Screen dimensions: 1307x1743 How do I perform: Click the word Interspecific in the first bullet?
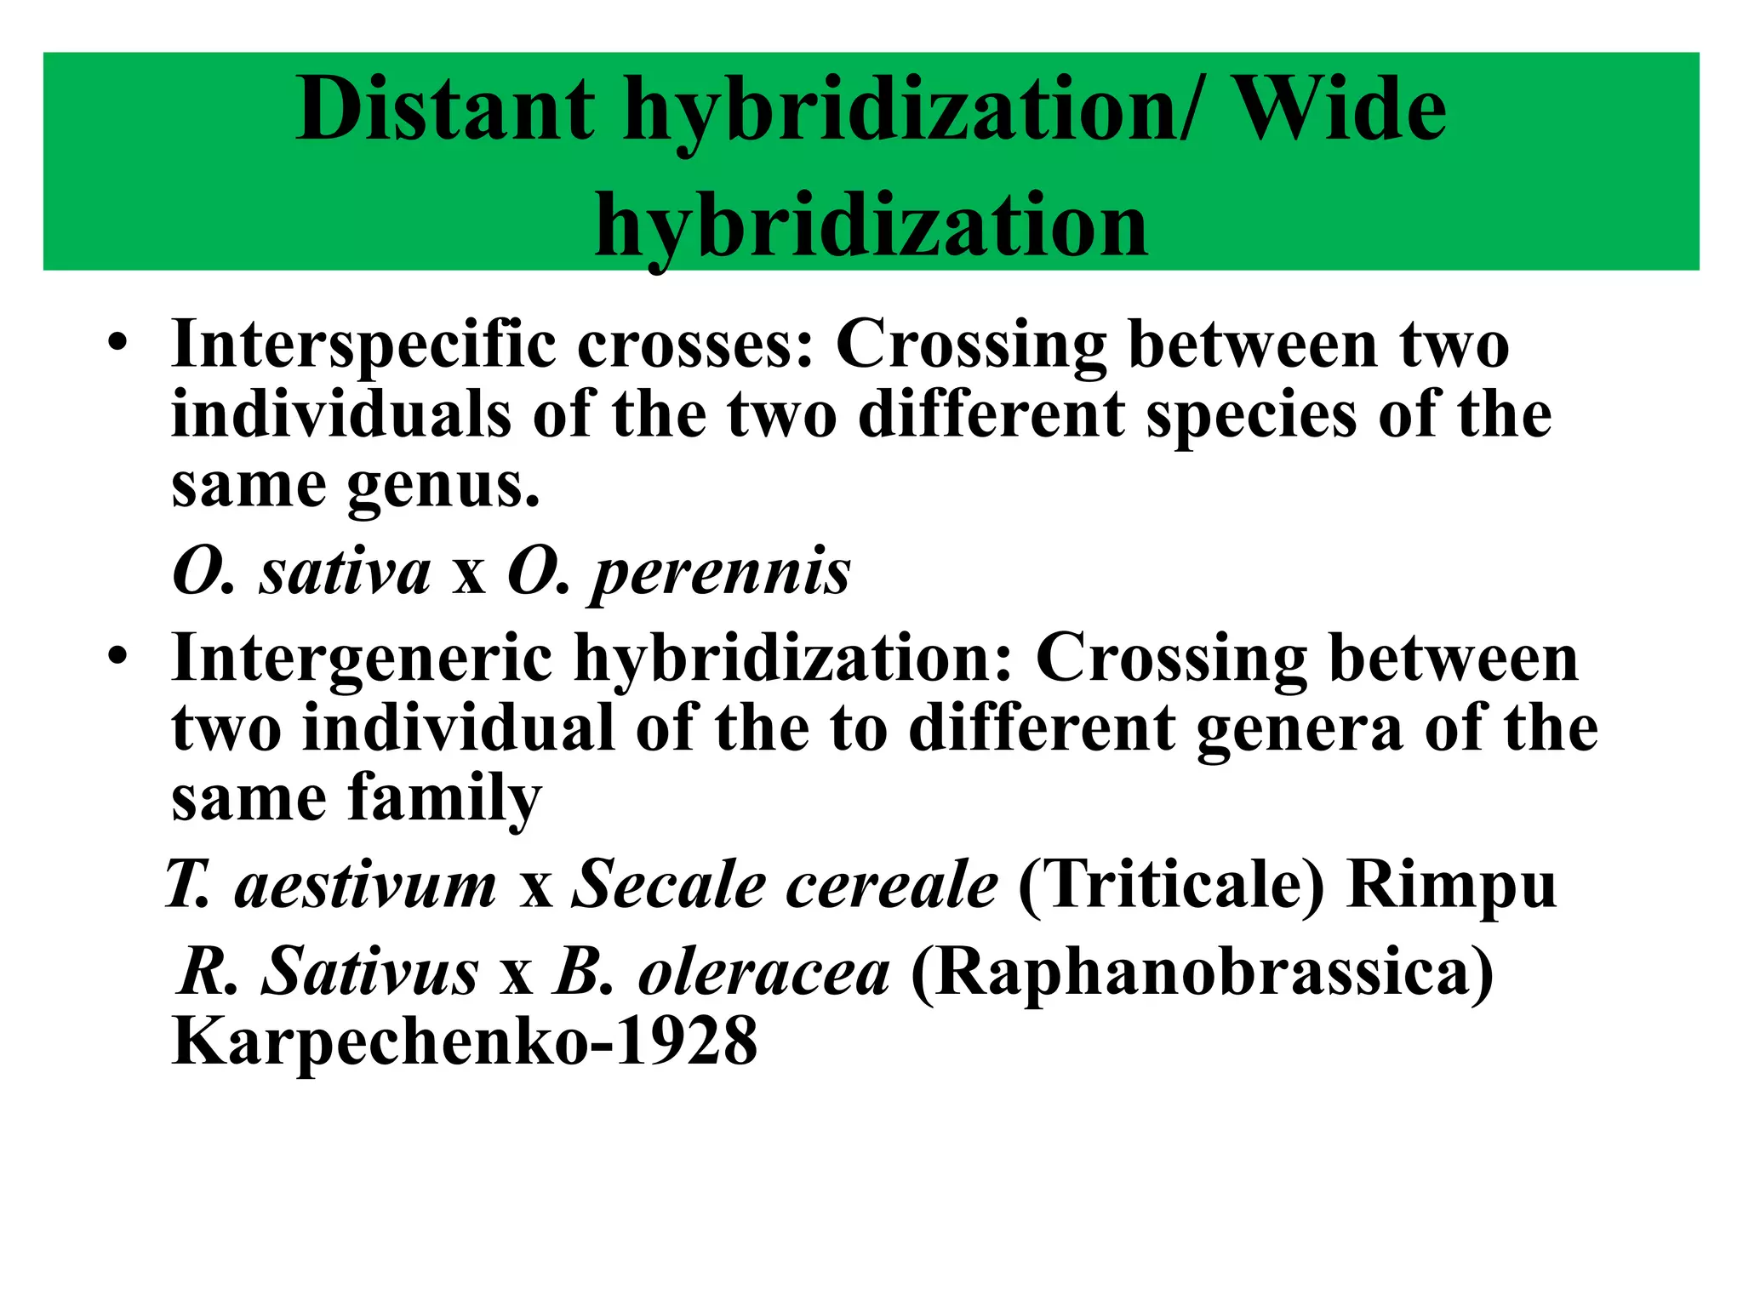pyautogui.click(x=363, y=345)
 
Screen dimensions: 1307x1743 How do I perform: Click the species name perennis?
pyautogui.click(x=721, y=572)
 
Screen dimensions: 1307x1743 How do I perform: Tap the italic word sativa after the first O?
pyautogui.click(x=346, y=572)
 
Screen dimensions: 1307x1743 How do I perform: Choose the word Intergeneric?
pyautogui.click(x=362, y=659)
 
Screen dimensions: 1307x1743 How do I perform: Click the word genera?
pyautogui.click(x=1299, y=729)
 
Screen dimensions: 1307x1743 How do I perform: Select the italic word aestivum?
pyautogui.click(x=365, y=886)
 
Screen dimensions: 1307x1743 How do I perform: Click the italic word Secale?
pyautogui.click(x=668, y=886)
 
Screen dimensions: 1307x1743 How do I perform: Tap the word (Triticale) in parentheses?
pyautogui.click(x=1171, y=886)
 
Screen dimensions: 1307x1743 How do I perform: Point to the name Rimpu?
pyautogui.click(x=1451, y=886)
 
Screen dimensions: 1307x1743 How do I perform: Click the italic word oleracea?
pyautogui.click(x=763, y=973)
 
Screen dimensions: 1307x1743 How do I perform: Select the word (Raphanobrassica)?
pyautogui.click(x=1202, y=973)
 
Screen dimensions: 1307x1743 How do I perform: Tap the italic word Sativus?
pyautogui.click(x=369, y=973)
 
